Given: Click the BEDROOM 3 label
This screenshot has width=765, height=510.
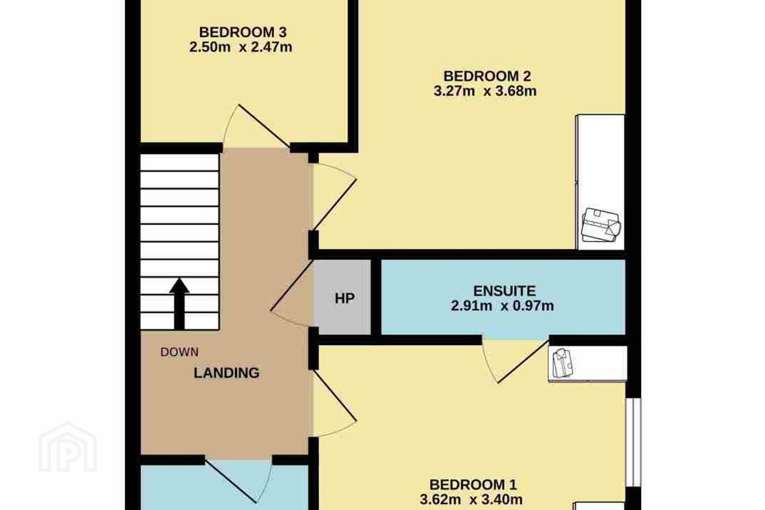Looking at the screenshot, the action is pos(242,32).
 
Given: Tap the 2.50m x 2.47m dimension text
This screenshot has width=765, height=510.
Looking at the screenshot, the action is pos(241,47).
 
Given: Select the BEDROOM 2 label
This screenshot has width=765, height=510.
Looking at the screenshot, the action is pos(487,76).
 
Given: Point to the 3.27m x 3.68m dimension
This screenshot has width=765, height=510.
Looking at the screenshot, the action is pos(485,91).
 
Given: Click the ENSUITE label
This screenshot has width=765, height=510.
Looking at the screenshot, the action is pos(505,291).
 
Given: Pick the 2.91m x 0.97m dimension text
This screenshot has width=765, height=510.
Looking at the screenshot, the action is pos(503,305).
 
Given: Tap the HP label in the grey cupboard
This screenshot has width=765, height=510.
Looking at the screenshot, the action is pos(345,299).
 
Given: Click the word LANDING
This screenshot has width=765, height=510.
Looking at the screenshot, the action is pos(226,373).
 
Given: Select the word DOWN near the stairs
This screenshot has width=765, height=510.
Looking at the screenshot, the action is pos(180,352).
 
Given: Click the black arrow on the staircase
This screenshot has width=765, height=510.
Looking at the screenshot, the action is pos(180,304).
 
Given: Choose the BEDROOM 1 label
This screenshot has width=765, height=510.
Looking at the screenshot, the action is pos(473,484).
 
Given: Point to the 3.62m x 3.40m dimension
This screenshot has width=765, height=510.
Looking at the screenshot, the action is pos(471,500).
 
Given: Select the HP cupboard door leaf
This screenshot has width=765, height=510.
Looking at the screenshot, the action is pos(292,285).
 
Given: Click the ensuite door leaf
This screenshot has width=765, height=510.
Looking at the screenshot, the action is pos(524,361).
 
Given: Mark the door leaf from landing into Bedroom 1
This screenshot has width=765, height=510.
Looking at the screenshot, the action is pos(335,396).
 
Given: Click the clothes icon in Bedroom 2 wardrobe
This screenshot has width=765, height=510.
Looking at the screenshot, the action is pos(601,225).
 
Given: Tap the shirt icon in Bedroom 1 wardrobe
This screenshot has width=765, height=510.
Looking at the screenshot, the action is pos(563,363).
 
